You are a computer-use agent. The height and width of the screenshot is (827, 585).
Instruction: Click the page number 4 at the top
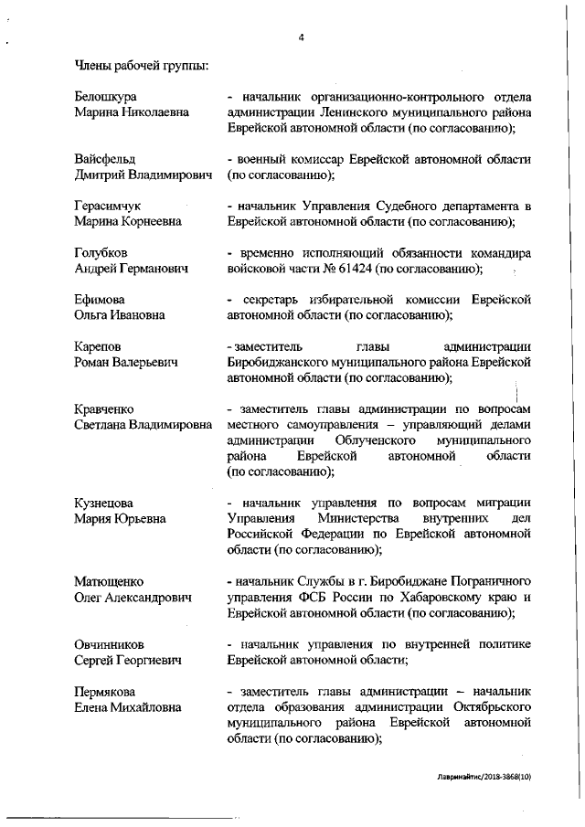[x=301, y=37]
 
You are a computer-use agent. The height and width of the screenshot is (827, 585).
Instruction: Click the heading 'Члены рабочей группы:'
[x=141, y=65]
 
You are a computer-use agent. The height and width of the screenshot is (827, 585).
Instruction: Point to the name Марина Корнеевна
[x=128, y=221]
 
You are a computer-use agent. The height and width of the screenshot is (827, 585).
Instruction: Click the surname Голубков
[x=101, y=252]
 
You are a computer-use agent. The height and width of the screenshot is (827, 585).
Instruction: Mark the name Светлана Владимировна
[x=143, y=425]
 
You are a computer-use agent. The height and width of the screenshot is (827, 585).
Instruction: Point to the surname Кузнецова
[x=104, y=503]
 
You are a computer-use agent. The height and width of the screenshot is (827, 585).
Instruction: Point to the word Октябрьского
[x=479, y=706]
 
